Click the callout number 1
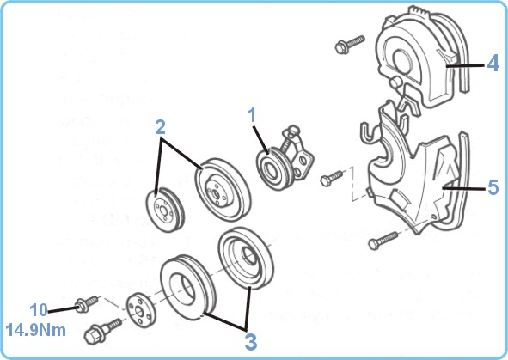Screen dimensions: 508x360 [252, 116]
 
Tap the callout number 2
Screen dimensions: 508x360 [160, 127]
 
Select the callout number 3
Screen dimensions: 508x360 [251, 342]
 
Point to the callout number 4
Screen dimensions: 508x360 [493, 64]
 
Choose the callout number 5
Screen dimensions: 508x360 [493, 187]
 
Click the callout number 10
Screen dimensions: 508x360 [39, 310]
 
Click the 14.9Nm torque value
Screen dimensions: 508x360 [35, 331]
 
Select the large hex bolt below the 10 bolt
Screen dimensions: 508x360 [102, 331]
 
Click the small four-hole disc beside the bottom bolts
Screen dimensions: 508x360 [141, 311]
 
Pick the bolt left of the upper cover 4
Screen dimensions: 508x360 [350, 44]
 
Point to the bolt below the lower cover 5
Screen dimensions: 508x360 [383, 240]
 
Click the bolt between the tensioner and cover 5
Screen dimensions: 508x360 [332, 177]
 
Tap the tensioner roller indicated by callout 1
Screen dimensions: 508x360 [271, 169]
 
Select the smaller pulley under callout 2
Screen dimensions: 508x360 [165, 208]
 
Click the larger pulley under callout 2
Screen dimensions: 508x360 [223, 189]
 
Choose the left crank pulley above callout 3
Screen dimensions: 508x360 [187, 288]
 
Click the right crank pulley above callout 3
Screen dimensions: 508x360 [246, 258]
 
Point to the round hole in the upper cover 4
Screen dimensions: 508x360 [403, 62]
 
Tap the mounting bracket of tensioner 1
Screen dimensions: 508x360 [300, 155]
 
